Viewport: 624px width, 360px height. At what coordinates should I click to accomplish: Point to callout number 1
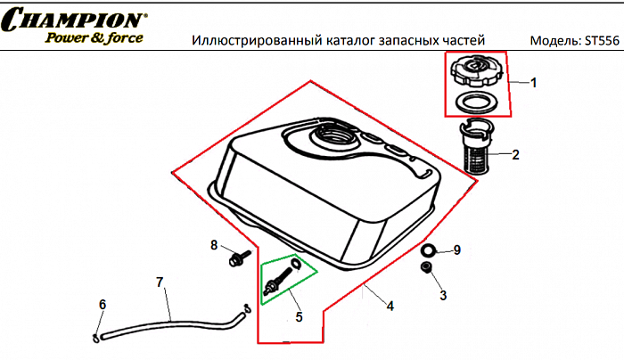534,83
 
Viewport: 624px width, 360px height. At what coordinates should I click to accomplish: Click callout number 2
515,154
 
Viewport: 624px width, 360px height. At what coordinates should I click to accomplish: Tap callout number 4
390,306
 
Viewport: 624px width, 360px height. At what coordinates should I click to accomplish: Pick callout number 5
299,316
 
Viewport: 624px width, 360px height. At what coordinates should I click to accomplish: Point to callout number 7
160,282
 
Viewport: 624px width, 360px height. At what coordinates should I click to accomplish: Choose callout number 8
214,245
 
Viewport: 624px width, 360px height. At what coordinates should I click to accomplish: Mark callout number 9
456,250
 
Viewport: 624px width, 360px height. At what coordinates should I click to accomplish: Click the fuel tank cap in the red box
476,70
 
